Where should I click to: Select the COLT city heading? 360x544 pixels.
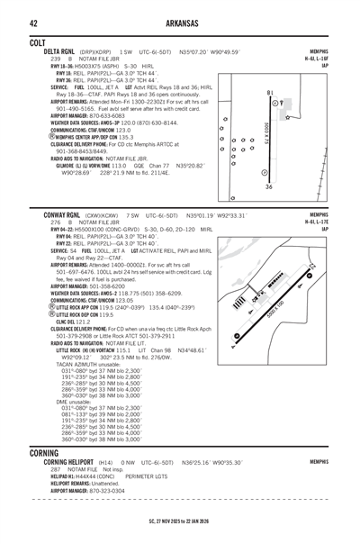(x=14, y=42)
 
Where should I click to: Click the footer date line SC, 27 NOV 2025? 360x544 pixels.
(x=180, y=521)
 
